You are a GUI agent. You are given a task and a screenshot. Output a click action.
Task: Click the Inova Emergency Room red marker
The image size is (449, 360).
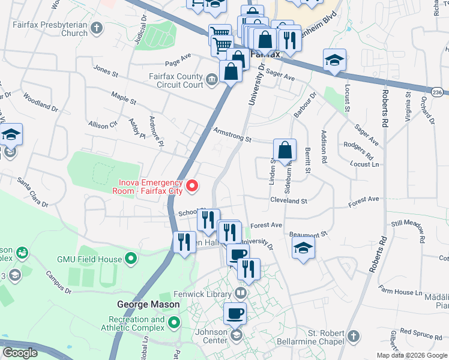pos(192,187)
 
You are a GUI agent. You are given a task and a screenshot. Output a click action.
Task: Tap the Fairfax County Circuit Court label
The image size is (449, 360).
pos(176,80)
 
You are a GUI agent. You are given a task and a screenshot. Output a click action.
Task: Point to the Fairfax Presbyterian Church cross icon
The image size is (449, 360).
pos(97,28)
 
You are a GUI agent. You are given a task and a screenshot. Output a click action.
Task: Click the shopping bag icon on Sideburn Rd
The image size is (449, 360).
pos(285,150)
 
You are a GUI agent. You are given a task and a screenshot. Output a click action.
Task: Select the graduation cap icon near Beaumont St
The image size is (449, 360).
pos(304,247)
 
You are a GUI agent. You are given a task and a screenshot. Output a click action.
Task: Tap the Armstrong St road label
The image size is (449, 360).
pos(232,135)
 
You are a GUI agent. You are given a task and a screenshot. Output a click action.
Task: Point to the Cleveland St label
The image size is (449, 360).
pos(288,200)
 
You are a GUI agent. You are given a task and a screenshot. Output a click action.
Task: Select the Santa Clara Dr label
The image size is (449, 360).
pos(32,191)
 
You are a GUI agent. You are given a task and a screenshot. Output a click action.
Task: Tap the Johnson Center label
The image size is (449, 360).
pos(209,331)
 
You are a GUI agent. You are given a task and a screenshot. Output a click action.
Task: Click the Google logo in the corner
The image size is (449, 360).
pos(20,353)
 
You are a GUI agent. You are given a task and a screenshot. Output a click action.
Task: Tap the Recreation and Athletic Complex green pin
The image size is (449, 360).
pos(174,323)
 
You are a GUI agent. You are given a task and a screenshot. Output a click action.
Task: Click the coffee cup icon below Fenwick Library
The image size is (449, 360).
pos(235,313)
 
